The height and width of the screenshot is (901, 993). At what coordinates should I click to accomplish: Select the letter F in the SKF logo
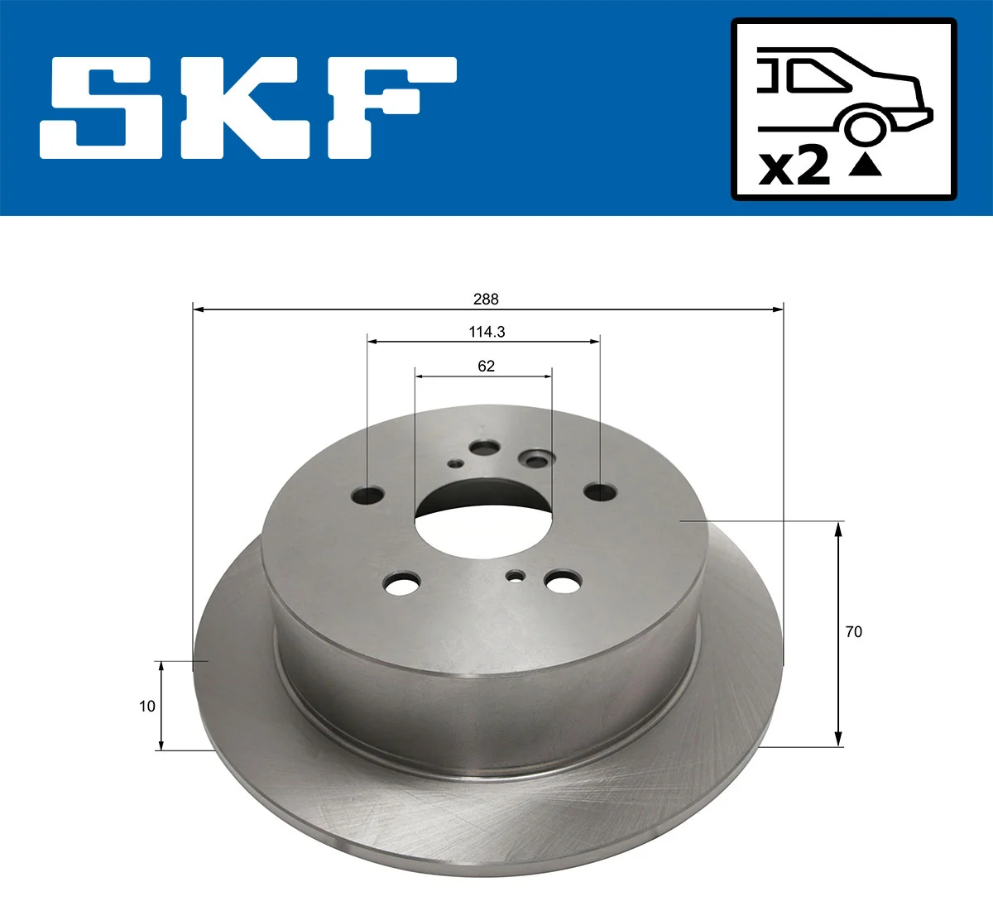pyautogui.click(x=389, y=108)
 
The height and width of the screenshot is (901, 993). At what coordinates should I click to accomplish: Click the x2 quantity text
pyautogui.click(x=794, y=166)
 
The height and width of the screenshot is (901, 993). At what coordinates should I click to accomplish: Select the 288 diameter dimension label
pyautogui.click(x=486, y=299)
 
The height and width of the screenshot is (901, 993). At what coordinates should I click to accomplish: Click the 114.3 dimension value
pyautogui.click(x=486, y=332)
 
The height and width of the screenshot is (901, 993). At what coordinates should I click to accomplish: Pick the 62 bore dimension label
pyautogui.click(x=486, y=366)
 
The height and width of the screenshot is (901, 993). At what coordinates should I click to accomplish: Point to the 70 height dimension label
pyautogui.click(x=853, y=631)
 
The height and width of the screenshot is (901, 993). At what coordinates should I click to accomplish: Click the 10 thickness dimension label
pyautogui.click(x=147, y=706)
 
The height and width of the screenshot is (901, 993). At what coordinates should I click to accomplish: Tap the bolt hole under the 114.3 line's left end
pyautogui.click(x=368, y=496)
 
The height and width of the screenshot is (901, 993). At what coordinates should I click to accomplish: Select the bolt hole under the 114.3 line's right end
pyautogui.click(x=599, y=491)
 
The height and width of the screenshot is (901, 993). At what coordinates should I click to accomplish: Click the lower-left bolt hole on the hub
pyautogui.click(x=401, y=585)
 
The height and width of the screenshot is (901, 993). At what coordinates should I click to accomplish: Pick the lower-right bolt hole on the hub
pyautogui.click(x=563, y=582)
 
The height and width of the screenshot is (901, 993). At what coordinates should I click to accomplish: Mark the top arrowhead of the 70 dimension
pyautogui.click(x=838, y=528)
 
